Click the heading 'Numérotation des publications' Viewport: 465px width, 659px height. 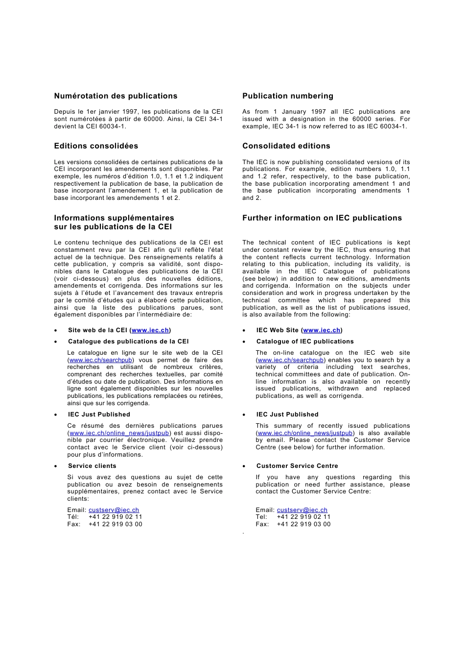[x=116, y=96]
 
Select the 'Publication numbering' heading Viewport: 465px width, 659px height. [x=287, y=96]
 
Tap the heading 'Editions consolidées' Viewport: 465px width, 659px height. [x=96, y=146]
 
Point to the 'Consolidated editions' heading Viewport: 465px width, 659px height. [x=286, y=146]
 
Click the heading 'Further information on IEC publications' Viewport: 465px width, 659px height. [x=322, y=218]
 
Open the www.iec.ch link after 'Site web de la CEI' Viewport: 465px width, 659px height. [x=150, y=330]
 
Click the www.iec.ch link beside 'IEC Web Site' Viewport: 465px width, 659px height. [x=322, y=330]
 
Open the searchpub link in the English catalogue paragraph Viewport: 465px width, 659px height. [x=290, y=360]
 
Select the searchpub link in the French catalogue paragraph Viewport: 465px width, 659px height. [x=101, y=360]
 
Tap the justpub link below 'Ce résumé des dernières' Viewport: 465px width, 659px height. [x=119, y=433]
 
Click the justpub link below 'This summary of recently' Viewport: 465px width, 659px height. [x=305, y=433]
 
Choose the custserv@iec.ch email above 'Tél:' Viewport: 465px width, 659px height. [x=114, y=510]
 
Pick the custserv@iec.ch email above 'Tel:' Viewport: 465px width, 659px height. [x=302, y=510]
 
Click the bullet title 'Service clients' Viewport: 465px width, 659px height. [x=92, y=466]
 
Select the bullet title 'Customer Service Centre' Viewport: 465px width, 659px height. [x=297, y=466]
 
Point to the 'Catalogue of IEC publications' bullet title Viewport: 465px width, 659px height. [x=305, y=342]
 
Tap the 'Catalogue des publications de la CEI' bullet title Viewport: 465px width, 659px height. [x=128, y=342]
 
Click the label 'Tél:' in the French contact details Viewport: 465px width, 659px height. [x=73, y=517]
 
